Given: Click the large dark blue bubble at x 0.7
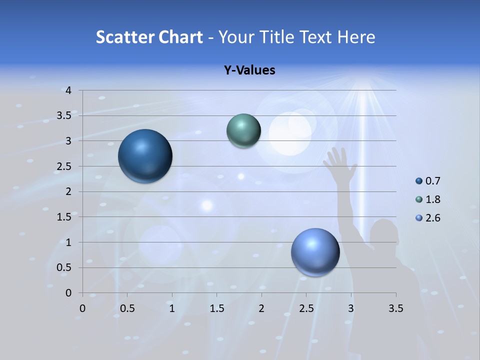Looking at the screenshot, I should point(145,156).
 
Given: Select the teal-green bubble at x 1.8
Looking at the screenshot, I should point(243,130).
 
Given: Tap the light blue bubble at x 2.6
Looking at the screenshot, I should point(315,252).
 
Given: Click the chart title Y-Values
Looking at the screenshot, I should point(249,70).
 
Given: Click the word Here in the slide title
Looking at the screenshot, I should point(356,37).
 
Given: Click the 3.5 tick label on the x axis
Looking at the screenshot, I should point(395,308).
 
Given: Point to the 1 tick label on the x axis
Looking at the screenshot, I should point(172,308).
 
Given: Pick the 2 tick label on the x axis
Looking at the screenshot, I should point(261,308).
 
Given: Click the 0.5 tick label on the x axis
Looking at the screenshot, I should point(127,308).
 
